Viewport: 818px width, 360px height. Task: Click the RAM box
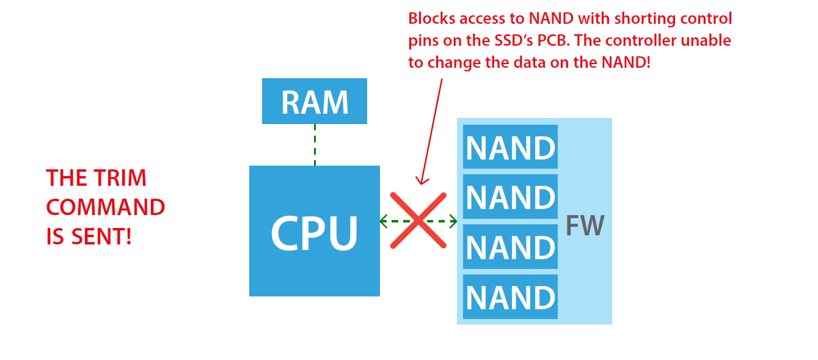[315, 101]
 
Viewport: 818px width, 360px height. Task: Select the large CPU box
[315, 231]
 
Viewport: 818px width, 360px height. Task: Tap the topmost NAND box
[510, 147]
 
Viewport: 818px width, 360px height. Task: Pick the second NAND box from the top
[510, 196]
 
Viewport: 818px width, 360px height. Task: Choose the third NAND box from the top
[510, 246]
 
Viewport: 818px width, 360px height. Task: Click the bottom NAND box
[510, 296]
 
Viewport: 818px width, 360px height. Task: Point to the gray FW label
[585, 226]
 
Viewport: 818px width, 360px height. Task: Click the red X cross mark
[418, 221]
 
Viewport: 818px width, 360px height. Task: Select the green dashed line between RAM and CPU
[315, 145]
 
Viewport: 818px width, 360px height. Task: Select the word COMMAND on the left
[106, 207]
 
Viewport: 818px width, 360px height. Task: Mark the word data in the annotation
[535, 62]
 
